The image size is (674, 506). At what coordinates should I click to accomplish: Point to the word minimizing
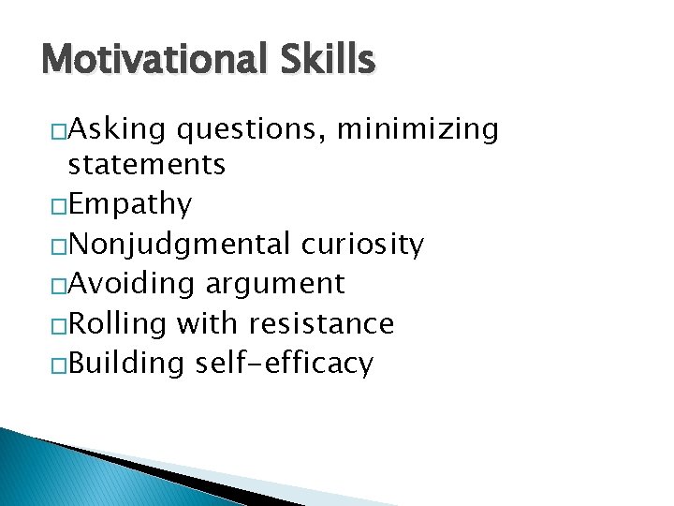point(418,128)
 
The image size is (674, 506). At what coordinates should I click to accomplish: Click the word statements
point(147,165)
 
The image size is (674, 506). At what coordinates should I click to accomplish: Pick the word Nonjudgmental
point(180,245)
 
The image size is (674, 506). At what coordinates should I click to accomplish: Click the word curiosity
point(362,245)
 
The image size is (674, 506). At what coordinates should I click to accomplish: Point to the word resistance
point(321,323)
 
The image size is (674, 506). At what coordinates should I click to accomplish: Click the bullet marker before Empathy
point(59,204)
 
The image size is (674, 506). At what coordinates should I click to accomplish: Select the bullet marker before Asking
point(59,129)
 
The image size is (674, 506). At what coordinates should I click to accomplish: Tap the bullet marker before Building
point(59,365)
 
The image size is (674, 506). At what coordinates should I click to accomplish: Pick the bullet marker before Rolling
point(59,324)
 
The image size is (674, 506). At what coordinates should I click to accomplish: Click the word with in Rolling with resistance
point(208,323)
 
